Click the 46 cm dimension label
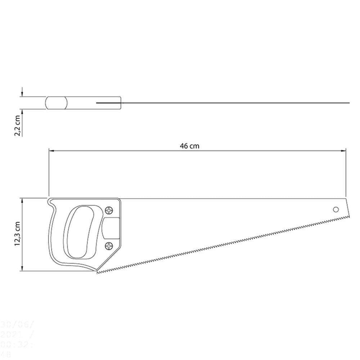click(x=190, y=146)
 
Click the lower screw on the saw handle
click(x=109, y=246)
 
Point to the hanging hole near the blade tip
click(x=336, y=210)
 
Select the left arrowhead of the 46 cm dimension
click(x=51, y=151)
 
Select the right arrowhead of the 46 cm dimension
click(x=344, y=151)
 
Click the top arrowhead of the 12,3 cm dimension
click(x=23, y=200)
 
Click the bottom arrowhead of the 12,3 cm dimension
click(x=23, y=268)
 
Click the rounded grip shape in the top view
click(x=56, y=103)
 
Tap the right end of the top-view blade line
click(x=349, y=103)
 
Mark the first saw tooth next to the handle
click(x=98, y=273)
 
